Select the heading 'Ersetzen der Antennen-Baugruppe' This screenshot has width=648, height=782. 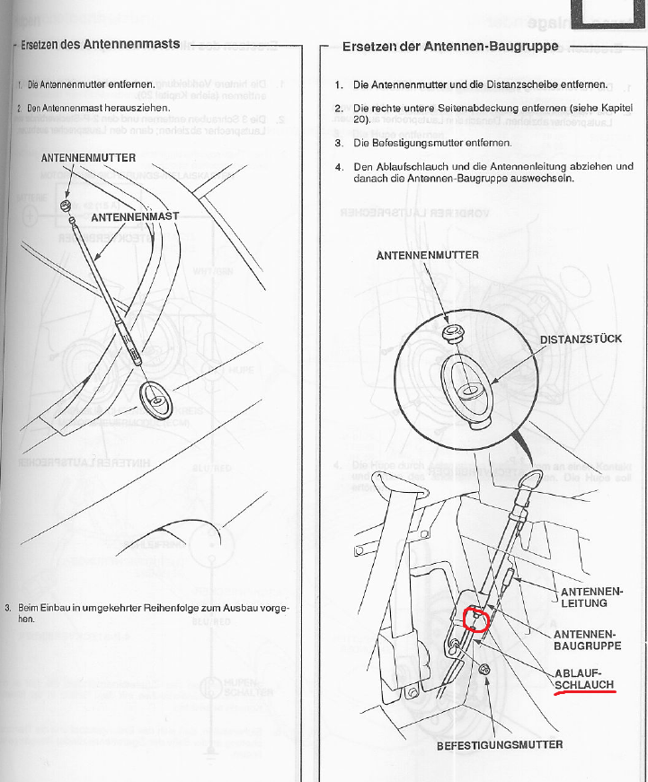pyautogui.click(x=450, y=47)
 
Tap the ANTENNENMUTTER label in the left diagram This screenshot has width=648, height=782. pyautogui.click(x=88, y=158)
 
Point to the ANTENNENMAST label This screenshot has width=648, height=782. pyautogui.click(x=136, y=217)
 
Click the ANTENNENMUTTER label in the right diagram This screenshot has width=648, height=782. pyautogui.click(x=427, y=255)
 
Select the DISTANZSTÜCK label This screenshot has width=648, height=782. pyautogui.click(x=581, y=340)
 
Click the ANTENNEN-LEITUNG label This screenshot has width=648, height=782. pyautogui.click(x=590, y=598)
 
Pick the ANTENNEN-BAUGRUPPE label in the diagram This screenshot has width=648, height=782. pyautogui.click(x=587, y=640)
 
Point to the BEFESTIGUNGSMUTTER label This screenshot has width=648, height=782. pyautogui.click(x=500, y=744)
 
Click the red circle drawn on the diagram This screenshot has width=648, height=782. pyautogui.click(x=474, y=620)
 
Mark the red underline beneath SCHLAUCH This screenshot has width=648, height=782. pyautogui.click(x=584, y=694)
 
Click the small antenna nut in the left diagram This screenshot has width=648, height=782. pyautogui.click(x=65, y=206)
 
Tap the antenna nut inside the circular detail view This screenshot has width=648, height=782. pyautogui.click(x=455, y=334)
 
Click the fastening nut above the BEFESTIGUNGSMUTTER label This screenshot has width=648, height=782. pyautogui.click(x=485, y=667)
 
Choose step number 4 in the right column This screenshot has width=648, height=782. pyautogui.click(x=337, y=166)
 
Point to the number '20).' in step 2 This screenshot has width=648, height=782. pyautogui.click(x=362, y=119)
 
